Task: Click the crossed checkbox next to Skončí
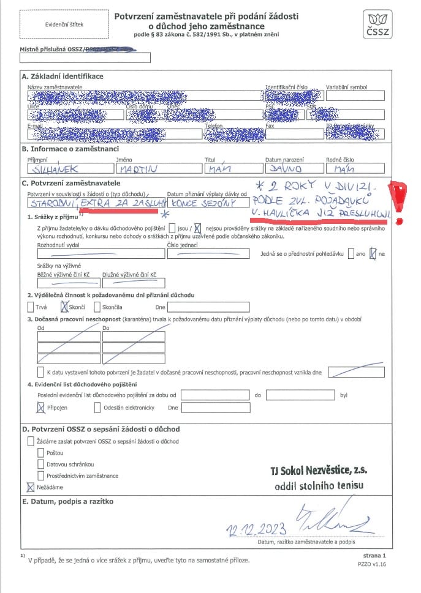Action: (x=65, y=307)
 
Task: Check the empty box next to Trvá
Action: (x=31, y=307)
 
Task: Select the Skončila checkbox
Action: (x=97, y=307)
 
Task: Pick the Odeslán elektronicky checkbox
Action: (x=97, y=408)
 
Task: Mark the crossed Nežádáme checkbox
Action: (x=31, y=487)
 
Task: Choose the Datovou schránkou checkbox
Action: (x=42, y=464)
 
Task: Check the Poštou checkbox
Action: (x=42, y=453)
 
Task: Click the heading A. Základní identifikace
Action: (x=63, y=76)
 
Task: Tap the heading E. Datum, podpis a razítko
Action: (x=67, y=501)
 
